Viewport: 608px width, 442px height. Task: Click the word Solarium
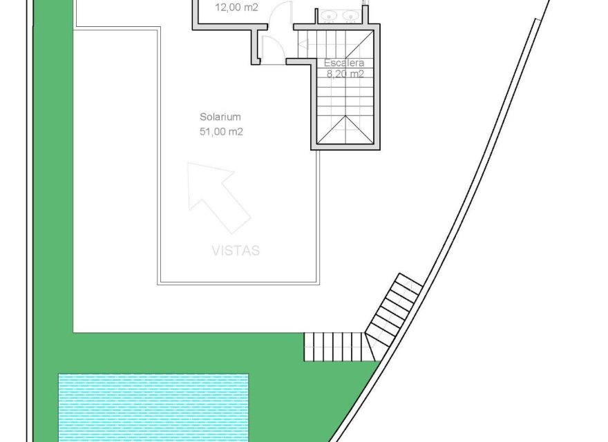[220, 117]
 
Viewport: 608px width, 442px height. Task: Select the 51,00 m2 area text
[220, 131]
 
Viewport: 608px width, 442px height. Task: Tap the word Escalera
[344, 63]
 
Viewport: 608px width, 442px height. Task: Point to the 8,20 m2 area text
[344, 75]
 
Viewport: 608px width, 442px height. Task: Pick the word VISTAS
[236, 251]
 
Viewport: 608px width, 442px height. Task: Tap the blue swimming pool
[153, 407]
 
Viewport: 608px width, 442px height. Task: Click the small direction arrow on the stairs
[304, 45]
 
